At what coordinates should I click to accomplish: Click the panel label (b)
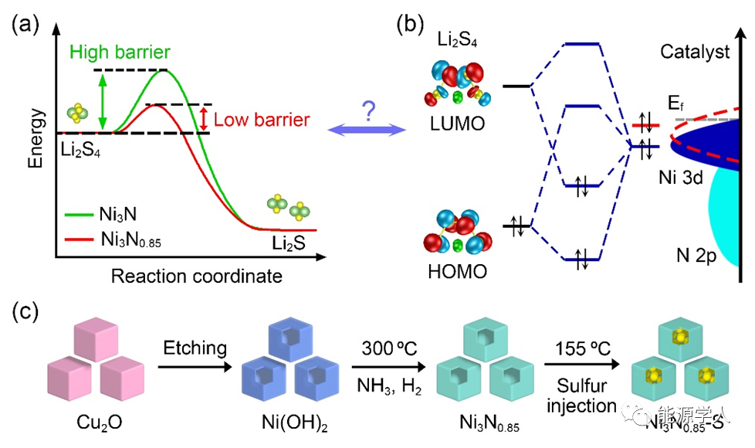click(411, 25)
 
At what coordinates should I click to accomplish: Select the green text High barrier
click(120, 53)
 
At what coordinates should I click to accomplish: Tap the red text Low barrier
click(262, 119)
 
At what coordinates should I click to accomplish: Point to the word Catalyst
click(695, 53)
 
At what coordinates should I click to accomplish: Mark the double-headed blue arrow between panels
click(368, 131)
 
